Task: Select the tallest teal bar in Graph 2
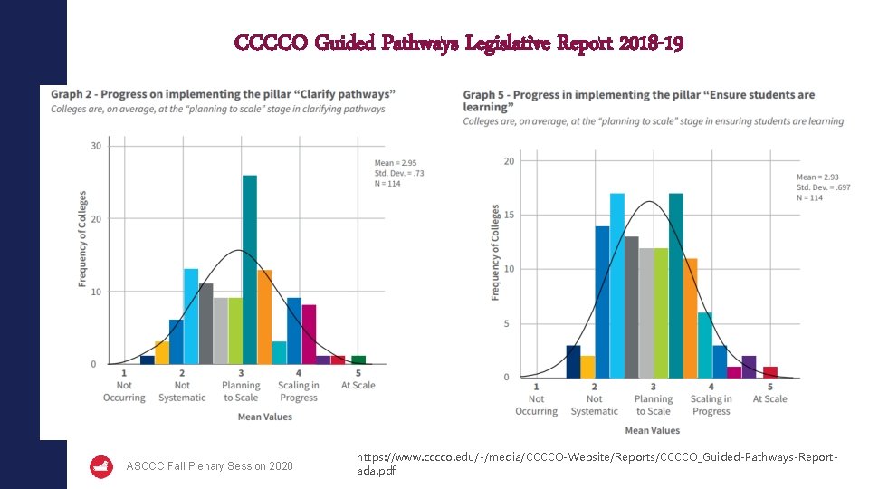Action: [250, 270]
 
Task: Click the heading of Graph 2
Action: [223, 94]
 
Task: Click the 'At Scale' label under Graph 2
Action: [358, 386]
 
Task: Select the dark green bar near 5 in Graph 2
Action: [358, 360]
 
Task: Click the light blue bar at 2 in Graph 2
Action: [191, 316]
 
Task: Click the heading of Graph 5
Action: [638, 101]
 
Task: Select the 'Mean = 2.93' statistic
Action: [819, 177]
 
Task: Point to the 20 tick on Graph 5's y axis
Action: [509, 161]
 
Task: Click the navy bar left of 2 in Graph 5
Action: [573, 361]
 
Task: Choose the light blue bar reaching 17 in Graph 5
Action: [617, 285]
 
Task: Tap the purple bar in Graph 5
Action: [749, 367]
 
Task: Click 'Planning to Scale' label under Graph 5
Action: [653, 405]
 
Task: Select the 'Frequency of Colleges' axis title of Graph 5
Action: [495, 252]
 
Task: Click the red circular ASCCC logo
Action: [101, 466]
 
